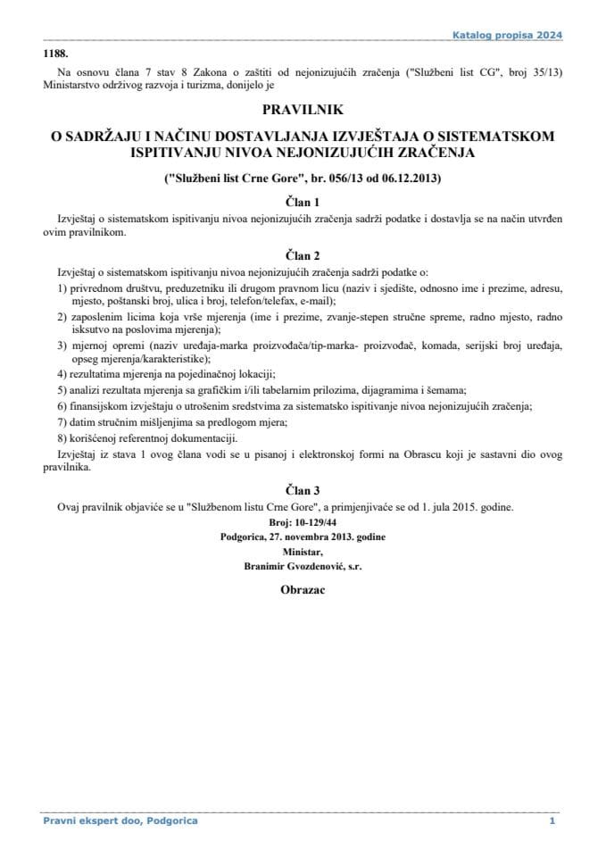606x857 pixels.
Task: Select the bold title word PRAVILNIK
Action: pos(303,112)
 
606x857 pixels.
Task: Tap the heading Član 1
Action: pos(303,201)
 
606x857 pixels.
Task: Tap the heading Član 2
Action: pos(303,253)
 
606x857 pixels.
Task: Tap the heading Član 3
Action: pos(303,489)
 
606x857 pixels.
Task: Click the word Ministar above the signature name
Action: pos(303,552)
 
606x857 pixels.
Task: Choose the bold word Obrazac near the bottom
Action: pos(303,591)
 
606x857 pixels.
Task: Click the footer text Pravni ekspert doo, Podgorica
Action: pos(120,820)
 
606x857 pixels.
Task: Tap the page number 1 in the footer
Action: pos(552,820)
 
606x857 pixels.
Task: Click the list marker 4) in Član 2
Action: pos(62,373)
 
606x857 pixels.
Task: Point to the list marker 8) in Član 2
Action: pos(62,437)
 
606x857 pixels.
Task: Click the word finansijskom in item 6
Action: pos(99,405)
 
